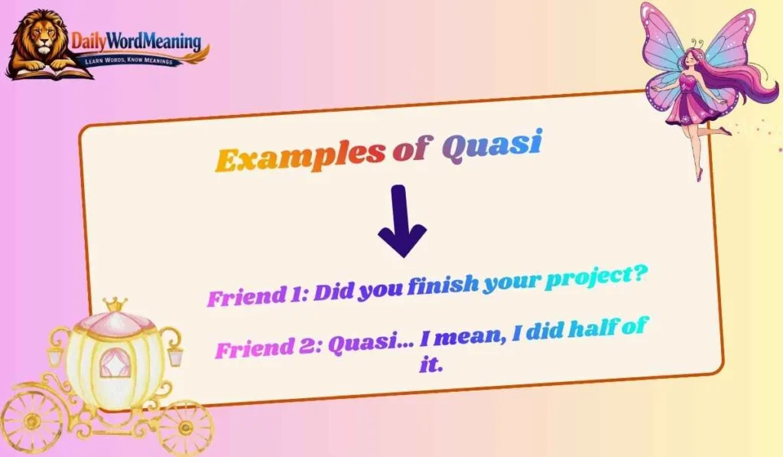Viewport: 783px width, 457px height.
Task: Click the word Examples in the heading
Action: point(299,157)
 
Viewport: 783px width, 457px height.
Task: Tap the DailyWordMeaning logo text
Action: point(136,41)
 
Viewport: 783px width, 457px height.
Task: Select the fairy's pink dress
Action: point(687,107)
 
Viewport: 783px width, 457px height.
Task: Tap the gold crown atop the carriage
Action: point(115,305)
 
